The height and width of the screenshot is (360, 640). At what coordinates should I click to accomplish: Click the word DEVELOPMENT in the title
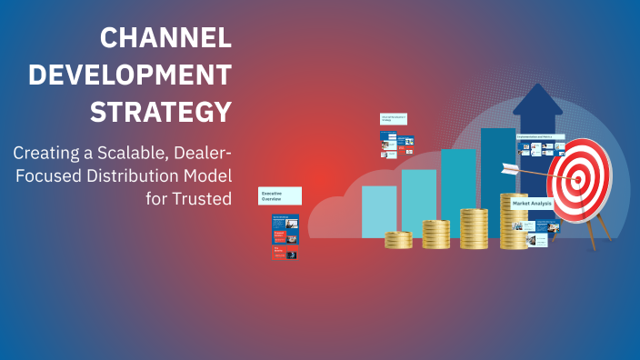pos(130,75)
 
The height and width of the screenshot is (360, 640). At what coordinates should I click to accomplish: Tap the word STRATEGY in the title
pos(160,112)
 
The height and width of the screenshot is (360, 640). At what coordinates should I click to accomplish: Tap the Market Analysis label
pos(533,205)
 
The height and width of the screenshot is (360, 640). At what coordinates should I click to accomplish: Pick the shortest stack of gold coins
pos(398,240)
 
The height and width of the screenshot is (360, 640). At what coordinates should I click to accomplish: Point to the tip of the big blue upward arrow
pos(537,87)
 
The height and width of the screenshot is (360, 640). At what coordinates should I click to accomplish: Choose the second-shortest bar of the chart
pos(418,203)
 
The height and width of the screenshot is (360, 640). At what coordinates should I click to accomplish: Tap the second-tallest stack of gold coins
pos(474,228)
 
